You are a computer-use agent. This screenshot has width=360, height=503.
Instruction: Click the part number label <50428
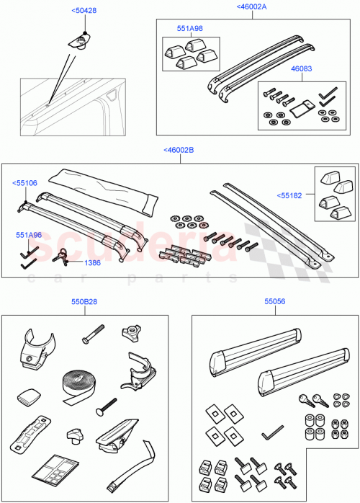tap(84, 12)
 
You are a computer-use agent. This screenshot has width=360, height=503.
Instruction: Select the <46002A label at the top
tap(251, 6)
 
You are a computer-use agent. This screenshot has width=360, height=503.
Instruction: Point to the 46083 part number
tap(301, 69)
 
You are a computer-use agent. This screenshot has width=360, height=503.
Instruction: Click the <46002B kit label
tap(179, 150)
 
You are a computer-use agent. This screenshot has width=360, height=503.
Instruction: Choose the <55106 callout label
tap(24, 184)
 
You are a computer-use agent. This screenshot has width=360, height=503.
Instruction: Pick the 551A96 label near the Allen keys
tap(29, 235)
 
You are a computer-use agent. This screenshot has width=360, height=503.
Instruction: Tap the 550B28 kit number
tap(84, 303)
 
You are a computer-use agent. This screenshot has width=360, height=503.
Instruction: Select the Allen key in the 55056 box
tap(273, 434)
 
